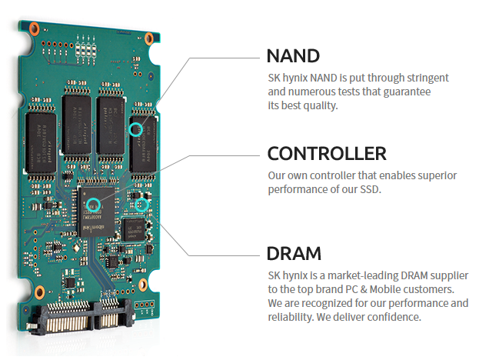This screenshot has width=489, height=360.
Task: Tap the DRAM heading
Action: coord(295,253)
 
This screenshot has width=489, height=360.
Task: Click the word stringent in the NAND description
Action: coord(424,78)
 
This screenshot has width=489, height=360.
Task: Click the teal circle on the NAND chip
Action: coord(136,129)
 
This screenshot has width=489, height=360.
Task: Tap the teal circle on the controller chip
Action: coord(93,205)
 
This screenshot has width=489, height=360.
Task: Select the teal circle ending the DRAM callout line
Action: coord(141,205)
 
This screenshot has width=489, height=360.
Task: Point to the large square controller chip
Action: coord(98,208)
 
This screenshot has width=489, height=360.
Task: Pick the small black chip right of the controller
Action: coord(135,229)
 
